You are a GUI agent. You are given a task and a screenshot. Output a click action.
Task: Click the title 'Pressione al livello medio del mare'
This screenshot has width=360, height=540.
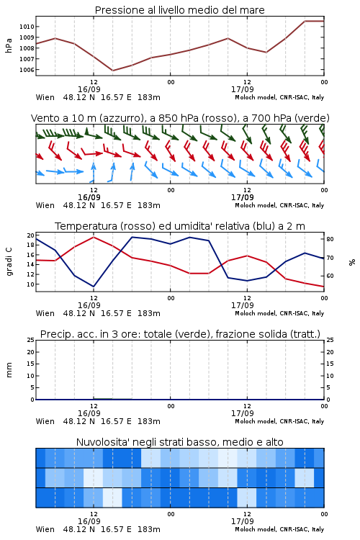click(179, 10)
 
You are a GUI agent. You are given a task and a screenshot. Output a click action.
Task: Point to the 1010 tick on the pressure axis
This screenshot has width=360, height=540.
click(27, 27)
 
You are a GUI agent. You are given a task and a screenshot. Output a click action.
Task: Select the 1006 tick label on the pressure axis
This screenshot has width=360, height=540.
click(27, 70)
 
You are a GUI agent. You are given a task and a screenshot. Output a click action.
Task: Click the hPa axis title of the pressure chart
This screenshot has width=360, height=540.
click(9, 45)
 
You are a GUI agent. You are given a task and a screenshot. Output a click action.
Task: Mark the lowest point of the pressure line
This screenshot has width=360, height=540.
click(112, 71)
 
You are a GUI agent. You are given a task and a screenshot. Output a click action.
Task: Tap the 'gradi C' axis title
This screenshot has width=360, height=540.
click(9, 262)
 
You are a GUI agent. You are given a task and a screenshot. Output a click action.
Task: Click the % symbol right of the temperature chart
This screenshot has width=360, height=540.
click(352, 262)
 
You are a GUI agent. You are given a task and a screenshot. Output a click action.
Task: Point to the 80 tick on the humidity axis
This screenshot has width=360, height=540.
click(330, 239)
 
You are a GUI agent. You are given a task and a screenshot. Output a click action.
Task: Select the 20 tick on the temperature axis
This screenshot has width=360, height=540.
click(31, 235)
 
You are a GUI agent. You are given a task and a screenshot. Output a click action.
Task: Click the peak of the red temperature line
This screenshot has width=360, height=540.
click(94, 237)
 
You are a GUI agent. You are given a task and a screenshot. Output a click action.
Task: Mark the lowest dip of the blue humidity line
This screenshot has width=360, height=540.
click(94, 287)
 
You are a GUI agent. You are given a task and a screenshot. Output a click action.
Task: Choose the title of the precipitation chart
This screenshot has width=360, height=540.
click(180, 334)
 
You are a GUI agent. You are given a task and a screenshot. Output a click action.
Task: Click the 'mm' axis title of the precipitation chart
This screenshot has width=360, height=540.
click(9, 370)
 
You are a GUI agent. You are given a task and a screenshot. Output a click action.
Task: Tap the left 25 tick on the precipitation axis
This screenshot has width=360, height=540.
click(31, 340)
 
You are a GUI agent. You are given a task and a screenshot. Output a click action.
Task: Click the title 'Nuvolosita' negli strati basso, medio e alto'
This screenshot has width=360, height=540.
click(179, 442)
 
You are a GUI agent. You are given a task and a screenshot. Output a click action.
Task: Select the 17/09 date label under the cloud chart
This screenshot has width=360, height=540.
click(242, 521)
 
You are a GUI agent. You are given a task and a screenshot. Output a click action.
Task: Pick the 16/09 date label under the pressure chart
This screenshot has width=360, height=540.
click(89, 89)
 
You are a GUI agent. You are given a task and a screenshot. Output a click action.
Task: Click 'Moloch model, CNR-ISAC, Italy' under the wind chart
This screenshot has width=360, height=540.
click(279, 205)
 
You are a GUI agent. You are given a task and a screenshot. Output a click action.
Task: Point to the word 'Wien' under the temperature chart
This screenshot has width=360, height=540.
click(45, 313)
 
